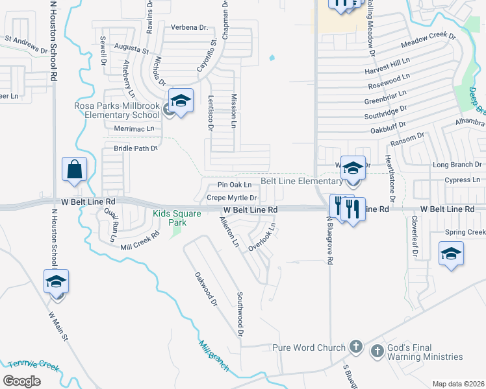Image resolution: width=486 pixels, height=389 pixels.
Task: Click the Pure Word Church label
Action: coord(309,348)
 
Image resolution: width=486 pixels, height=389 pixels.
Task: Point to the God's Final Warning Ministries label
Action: coord(426,351)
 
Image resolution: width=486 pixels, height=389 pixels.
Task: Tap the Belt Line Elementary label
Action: coord(301,181)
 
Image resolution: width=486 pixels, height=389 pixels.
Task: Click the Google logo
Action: coord(21,381)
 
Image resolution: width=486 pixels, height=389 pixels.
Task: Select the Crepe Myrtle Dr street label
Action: coord(233,198)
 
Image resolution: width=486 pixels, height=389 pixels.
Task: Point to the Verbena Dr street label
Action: coord(189,28)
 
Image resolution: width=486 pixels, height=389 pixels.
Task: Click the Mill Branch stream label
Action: coord(214,357)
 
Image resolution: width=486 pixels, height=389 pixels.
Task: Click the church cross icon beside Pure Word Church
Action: coord(355,347)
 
